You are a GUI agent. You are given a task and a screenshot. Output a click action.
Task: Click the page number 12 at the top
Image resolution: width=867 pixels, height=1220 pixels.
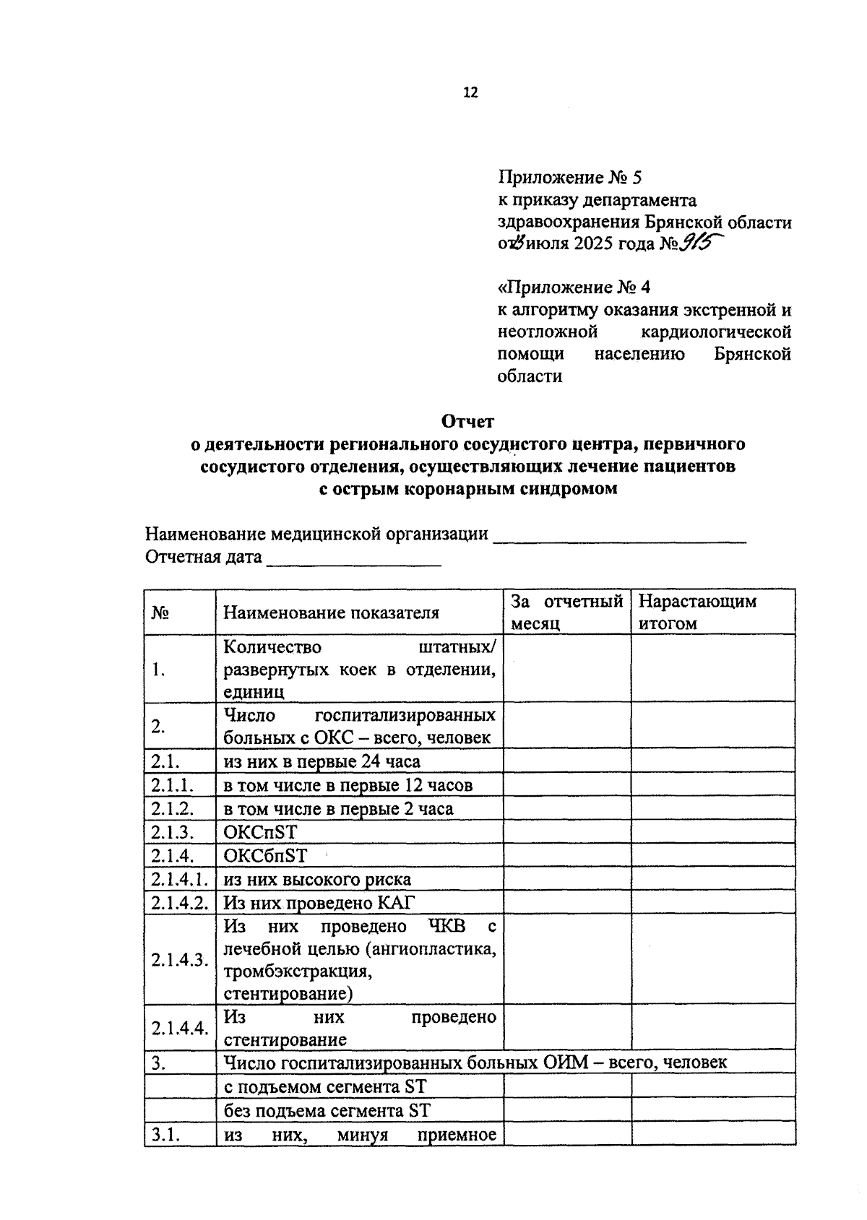point(470,92)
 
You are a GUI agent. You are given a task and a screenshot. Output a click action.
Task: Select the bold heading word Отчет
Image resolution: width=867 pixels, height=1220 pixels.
point(467,420)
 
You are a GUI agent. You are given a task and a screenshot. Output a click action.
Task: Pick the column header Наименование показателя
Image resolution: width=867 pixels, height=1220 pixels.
point(331,613)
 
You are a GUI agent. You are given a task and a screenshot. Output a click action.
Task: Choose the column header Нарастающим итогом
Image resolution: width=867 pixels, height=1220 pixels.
point(697,612)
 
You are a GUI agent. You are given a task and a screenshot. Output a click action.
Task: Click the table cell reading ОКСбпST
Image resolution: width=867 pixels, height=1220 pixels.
point(265,856)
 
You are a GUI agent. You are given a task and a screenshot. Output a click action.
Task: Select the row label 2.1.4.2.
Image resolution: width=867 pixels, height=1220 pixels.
point(180,903)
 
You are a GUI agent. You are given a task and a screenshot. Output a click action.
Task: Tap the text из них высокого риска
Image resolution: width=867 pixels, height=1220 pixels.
point(317,880)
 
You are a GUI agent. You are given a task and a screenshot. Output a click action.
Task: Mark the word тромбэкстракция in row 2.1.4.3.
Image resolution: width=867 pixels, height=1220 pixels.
point(298,972)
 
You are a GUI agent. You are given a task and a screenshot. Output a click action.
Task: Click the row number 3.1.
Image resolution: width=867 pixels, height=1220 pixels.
point(165,1135)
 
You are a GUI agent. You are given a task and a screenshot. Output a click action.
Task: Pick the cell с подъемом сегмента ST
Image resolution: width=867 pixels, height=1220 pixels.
point(325,1087)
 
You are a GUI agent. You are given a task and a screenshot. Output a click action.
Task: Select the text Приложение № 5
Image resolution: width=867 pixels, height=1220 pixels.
point(569,177)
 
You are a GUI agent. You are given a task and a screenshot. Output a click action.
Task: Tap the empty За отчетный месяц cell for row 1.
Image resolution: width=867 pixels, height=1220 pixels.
point(567,669)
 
